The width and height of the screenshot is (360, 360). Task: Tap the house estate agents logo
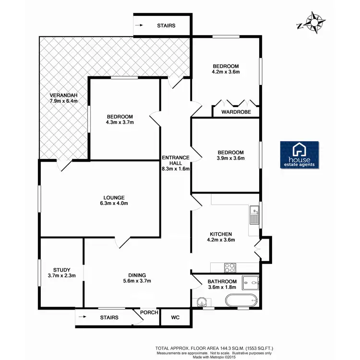pyautogui.click(x=300, y=155)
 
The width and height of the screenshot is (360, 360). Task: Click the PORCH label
pyautogui.click(x=149, y=313)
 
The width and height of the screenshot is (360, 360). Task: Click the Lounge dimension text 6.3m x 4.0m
pyautogui.click(x=114, y=204)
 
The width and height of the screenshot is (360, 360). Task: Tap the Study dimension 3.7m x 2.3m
pyautogui.click(x=56, y=276)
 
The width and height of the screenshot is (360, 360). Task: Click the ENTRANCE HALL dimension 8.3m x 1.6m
pyautogui.click(x=176, y=169)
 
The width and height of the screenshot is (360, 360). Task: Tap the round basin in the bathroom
pyautogui.click(x=203, y=301)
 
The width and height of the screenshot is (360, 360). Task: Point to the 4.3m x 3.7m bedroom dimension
pyautogui.click(x=120, y=122)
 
